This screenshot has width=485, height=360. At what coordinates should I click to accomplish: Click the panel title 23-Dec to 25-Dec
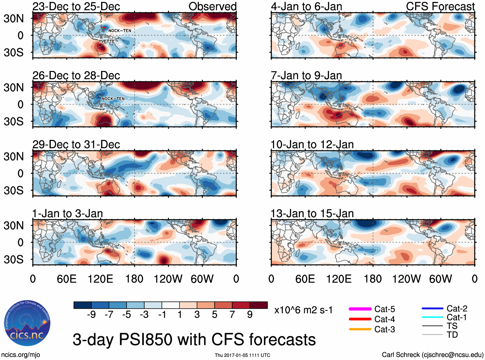coord(76,6)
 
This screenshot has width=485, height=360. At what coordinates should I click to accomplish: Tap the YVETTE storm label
coord(107,41)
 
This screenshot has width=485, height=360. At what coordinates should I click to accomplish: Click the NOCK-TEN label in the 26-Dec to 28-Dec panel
coord(113,99)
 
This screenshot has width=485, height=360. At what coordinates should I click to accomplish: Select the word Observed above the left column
coord(212,6)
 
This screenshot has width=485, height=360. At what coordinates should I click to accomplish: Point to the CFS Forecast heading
coord(440,6)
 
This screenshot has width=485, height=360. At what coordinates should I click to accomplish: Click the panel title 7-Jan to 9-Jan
coord(306,75)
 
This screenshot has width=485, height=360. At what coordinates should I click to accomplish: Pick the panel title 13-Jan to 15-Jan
coord(312,214)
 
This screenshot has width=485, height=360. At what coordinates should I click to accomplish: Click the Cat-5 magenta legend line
coord(360,309)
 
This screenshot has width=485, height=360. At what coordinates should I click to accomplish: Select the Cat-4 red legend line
coord(360,319)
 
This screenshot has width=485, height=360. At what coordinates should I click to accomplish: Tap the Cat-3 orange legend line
coord(360,329)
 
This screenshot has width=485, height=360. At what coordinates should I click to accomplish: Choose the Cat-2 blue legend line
coord(432,309)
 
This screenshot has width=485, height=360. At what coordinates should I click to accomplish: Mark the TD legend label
coord(452,335)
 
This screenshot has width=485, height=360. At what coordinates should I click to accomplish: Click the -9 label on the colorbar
coord(91,315)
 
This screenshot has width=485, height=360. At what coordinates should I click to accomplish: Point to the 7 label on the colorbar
coord(232,315)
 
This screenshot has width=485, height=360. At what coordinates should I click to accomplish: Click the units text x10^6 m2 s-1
coord(303,310)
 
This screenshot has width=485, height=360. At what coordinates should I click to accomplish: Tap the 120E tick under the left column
coord(100,279)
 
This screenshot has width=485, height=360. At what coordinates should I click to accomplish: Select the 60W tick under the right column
coord(440,279)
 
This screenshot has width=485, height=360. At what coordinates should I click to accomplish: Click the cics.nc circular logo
coord(27,323)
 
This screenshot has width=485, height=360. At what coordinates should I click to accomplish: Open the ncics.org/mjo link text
coord(21,355)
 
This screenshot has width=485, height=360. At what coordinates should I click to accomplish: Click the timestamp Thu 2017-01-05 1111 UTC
coord(242,355)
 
